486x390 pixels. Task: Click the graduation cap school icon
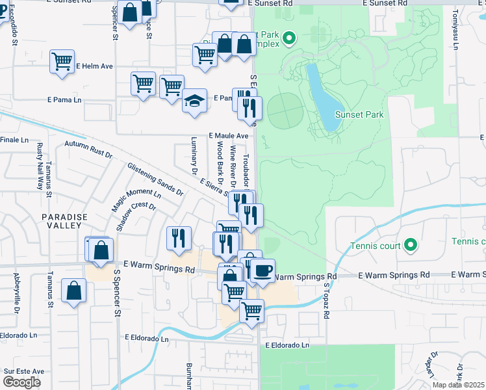point(194,101)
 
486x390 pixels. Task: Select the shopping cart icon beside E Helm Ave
point(62,62)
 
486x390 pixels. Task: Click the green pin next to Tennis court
point(410,245)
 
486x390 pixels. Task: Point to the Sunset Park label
point(359,115)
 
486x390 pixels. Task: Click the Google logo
point(21,382)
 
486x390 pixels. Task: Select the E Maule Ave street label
point(229,136)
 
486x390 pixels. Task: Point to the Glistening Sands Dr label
point(155,179)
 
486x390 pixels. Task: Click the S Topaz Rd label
point(327,300)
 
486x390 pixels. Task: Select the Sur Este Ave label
point(24,371)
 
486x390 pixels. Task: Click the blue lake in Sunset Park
point(319,97)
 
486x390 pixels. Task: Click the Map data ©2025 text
point(458,385)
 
